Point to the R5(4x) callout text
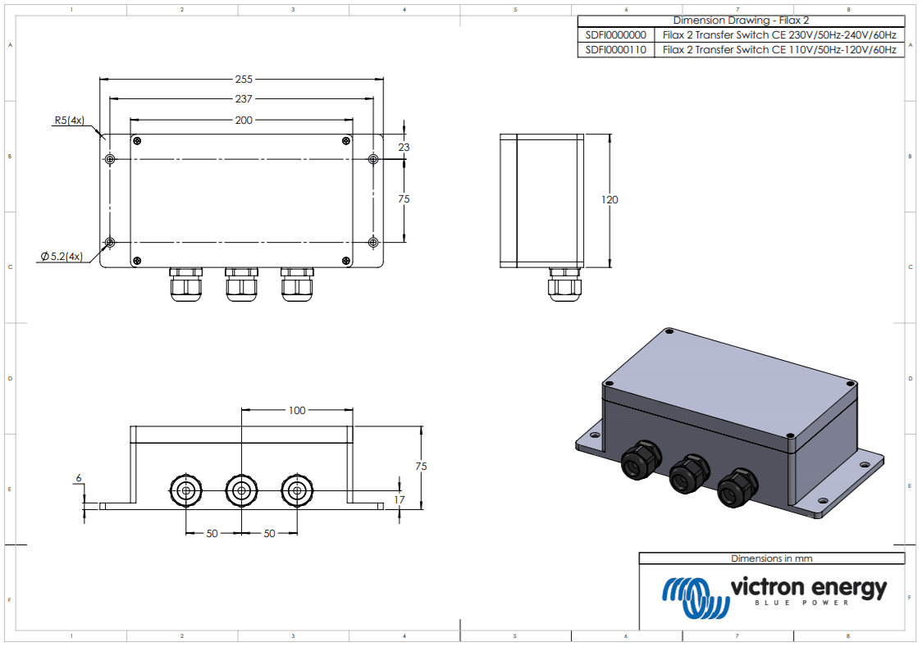pyautogui.click(x=69, y=121)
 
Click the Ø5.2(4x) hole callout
pyautogui.click(x=62, y=257)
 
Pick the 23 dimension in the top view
pyautogui.click(x=404, y=147)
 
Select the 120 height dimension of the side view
pyautogui.click(x=609, y=200)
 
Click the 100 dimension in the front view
pyautogui.click(x=296, y=410)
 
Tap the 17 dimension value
pyautogui.click(x=399, y=499)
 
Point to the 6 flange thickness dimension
pyautogui.click(x=79, y=477)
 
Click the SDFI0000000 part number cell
pyautogui.click(x=615, y=35)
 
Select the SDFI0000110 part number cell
pyautogui.click(x=615, y=50)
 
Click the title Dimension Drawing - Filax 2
pyautogui.click(x=741, y=21)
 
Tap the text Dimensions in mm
pyautogui.click(x=771, y=558)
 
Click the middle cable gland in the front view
pyautogui.click(x=241, y=491)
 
